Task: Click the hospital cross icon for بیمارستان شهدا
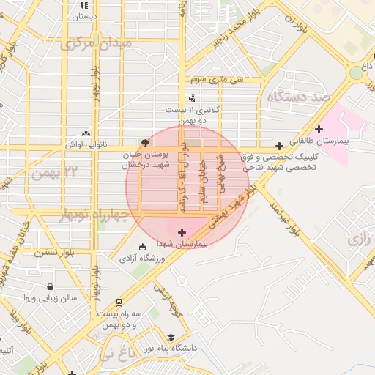[x=182, y=232]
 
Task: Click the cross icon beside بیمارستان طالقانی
[x=319, y=129]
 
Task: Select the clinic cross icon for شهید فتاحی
[x=279, y=146]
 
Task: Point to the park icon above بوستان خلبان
[x=145, y=143]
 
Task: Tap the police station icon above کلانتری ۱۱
[x=192, y=97]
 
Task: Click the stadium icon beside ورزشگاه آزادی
[x=141, y=247]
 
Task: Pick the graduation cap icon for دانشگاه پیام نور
[x=171, y=338]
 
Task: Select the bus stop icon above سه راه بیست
[x=119, y=302]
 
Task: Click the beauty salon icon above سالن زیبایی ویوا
[x=49, y=286]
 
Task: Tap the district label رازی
[x=360, y=240]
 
